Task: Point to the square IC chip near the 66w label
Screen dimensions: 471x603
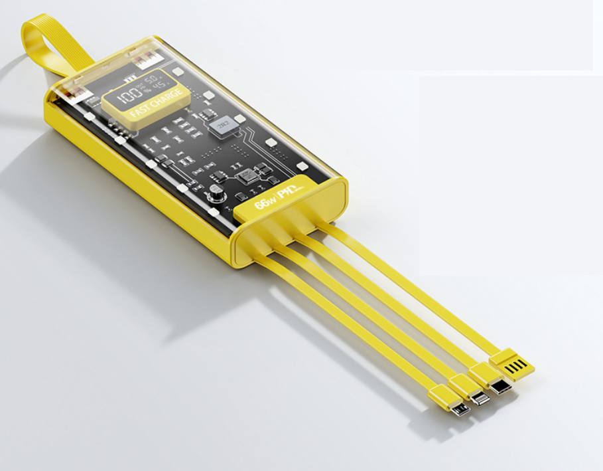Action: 247,175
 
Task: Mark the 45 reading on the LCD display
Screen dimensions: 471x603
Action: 159,88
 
